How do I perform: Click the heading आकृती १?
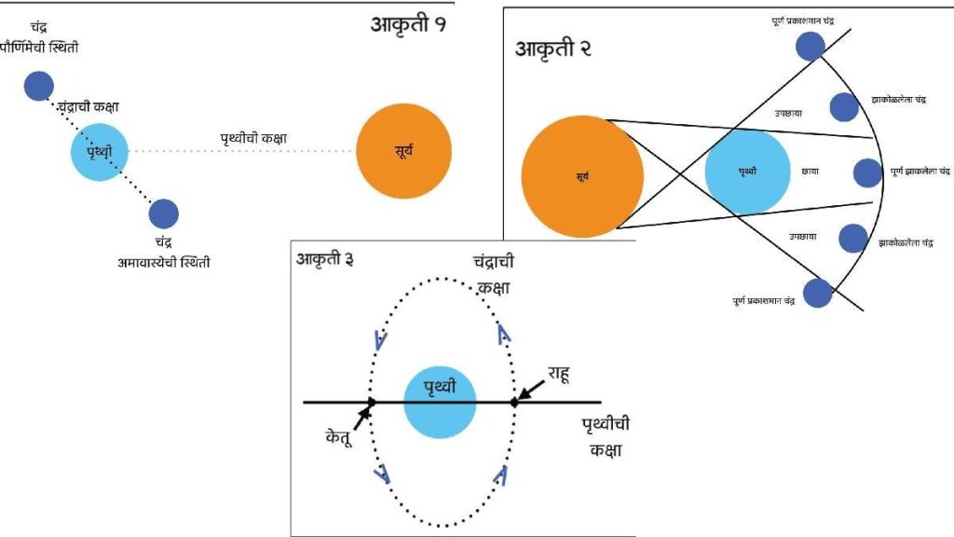408,24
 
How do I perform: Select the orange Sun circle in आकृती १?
403,151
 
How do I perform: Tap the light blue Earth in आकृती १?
98,151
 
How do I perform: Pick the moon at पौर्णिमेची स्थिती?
38,86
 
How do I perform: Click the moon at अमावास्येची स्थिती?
163,214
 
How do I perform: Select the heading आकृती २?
555,48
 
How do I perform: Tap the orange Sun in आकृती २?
582,175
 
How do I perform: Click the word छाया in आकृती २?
810,172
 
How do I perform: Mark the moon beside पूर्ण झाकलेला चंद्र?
867,172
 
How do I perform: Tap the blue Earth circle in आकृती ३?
440,403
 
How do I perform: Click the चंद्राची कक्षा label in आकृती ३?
494,276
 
